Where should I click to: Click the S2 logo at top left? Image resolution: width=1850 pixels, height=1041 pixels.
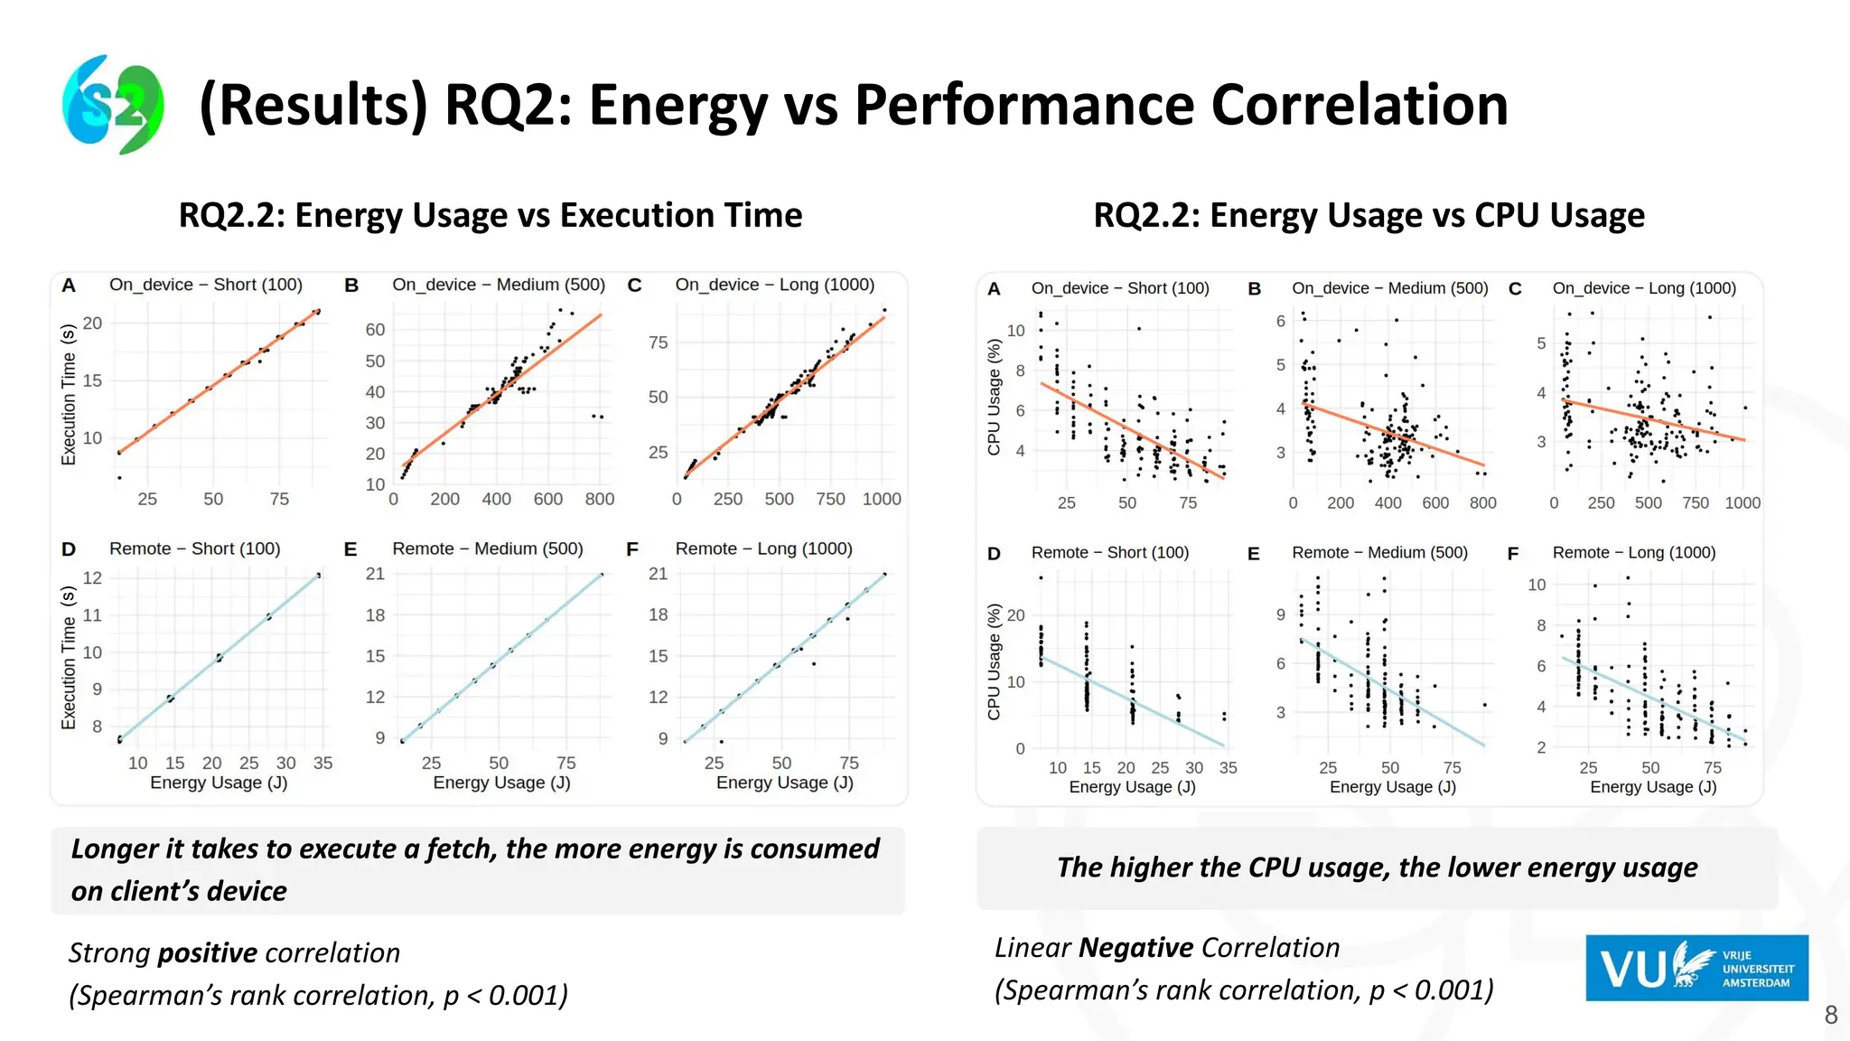click(x=113, y=104)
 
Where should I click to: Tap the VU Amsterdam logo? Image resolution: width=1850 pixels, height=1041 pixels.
click(x=1696, y=968)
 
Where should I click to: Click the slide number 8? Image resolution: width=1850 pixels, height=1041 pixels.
click(x=1830, y=1015)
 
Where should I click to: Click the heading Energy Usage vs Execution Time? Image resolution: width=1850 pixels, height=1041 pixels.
click(x=491, y=215)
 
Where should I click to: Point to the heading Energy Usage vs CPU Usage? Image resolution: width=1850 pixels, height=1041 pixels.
click(x=1369, y=215)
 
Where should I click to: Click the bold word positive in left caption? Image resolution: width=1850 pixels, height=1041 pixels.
click(x=207, y=952)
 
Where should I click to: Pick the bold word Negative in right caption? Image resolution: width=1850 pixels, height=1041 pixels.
click(x=1135, y=947)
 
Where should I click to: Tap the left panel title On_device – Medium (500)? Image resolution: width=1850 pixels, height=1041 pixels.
click(x=499, y=285)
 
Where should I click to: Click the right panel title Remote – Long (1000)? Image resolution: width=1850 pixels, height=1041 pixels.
click(x=1633, y=552)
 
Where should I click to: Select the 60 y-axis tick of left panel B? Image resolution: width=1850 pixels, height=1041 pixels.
click(x=375, y=330)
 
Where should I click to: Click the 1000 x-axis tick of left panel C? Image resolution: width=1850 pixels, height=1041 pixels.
click(x=881, y=499)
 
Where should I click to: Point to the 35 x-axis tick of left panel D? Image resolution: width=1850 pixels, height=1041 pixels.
click(x=322, y=763)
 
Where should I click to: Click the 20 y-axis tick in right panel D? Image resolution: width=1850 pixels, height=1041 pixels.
click(x=1015, y=615)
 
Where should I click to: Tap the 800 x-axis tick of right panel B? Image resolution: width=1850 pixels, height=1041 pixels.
click(x=1482, y=502)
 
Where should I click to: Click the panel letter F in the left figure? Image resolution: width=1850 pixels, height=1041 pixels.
click(x=632, y=549)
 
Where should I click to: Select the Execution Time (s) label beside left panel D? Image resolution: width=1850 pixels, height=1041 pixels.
click(x=69, y=657)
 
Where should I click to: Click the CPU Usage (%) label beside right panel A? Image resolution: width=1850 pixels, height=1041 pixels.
click(x=994, y=397)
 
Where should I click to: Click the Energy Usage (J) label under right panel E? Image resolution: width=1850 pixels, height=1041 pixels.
click(x=1392, y=787)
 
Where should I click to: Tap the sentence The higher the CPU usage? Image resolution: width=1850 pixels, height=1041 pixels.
click(x=1377, y=867)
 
